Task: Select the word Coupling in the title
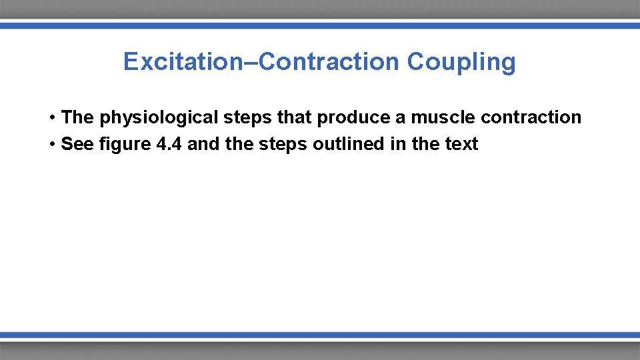tap(461, 62)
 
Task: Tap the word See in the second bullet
tap(75, 144)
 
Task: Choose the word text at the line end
tap(461, 144)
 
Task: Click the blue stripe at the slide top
tap(320, 25)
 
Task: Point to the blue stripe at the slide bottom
tap(320, 335)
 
